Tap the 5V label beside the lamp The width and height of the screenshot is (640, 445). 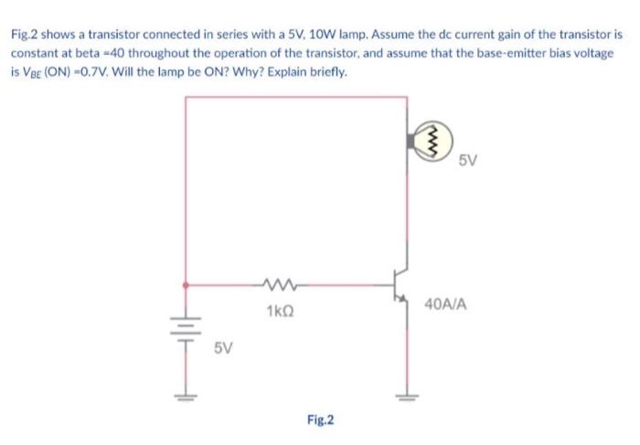[467, 160]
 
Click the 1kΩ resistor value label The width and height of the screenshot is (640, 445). [280, 311]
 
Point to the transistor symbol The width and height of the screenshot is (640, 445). [399, 284]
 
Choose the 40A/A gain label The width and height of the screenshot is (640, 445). [447, 302]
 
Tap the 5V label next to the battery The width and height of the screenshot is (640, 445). [223, 348]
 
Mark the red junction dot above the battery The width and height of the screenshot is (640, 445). [187, 284]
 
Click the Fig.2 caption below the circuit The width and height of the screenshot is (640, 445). [321, 420]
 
